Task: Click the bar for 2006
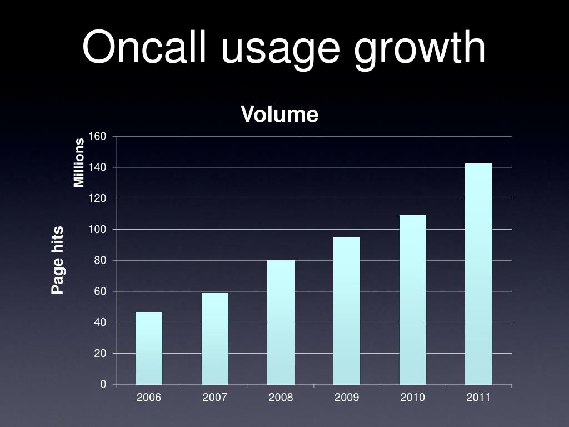point(149,348)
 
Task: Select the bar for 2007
point(214,339)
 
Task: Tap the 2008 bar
point(281,322)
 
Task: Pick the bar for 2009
point(347,311)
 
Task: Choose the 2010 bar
point(412,300)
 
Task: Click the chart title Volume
point(279,115)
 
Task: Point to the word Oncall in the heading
point(146,48)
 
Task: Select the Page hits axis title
point(58,260)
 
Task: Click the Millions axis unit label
point(79,162)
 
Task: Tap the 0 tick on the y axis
point(103,384)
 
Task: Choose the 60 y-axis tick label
point(100,291)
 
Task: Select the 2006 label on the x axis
point(149,398)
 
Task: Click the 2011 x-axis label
point(478,398)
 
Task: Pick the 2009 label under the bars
point(347,398)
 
